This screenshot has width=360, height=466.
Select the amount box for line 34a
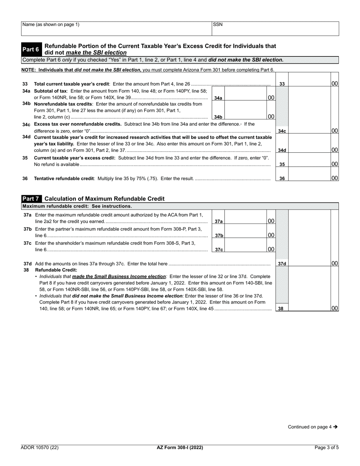246,93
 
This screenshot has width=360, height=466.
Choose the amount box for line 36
310,174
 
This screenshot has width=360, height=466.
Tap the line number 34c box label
282,131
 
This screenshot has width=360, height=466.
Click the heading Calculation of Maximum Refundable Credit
105,199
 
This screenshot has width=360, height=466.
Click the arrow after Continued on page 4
335,427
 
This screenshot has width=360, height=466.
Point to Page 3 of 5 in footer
327,447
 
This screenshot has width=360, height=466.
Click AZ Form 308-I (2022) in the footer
180,447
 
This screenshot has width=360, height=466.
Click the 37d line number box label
282,264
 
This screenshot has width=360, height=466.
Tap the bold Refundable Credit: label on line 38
56,270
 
